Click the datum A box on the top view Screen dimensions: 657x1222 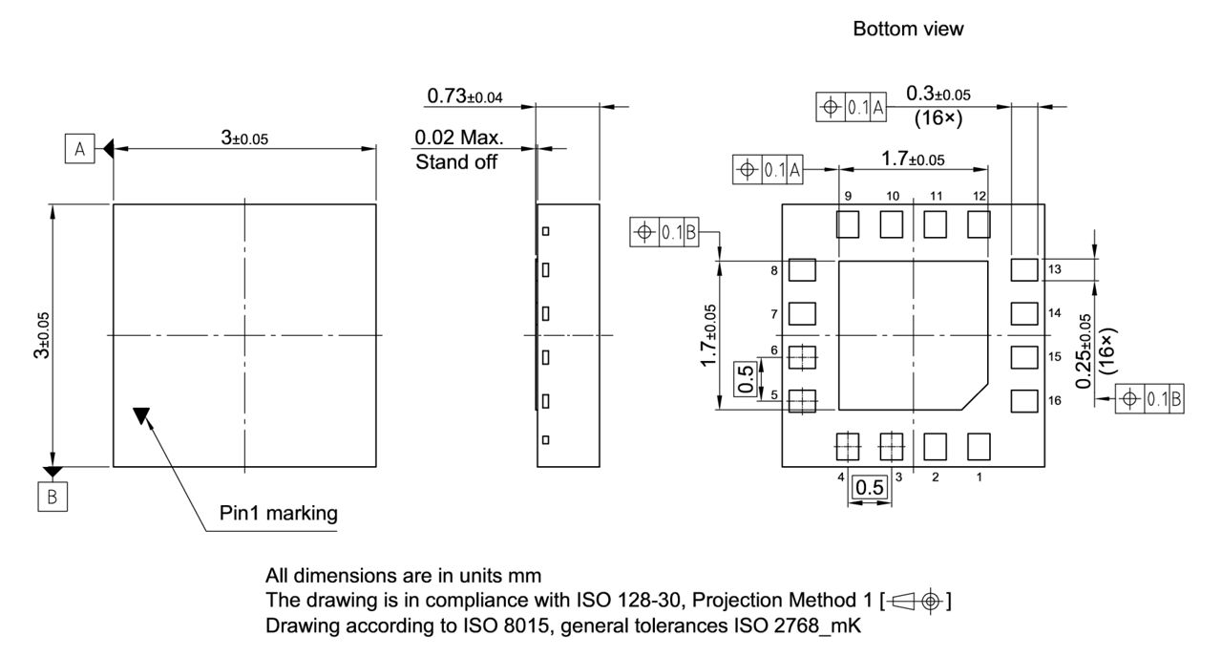tap(80, 148)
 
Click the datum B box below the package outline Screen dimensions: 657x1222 tap(52, 498)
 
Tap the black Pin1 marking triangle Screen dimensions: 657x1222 tap(141, 415)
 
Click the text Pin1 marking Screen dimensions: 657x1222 tap(279, 514)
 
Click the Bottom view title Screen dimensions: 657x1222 tap(908, 30)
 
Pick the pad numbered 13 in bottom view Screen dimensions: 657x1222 tap(1023, 269)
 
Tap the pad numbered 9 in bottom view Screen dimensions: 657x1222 tap(848, 224)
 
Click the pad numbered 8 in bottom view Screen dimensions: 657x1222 tap(804, 270)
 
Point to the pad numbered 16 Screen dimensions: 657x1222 tap(1023, 400)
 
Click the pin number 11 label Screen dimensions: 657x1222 tap(937, 196)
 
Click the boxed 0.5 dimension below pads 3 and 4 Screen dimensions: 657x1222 tap(870, 488)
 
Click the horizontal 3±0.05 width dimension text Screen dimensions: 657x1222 tap(244, 138)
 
